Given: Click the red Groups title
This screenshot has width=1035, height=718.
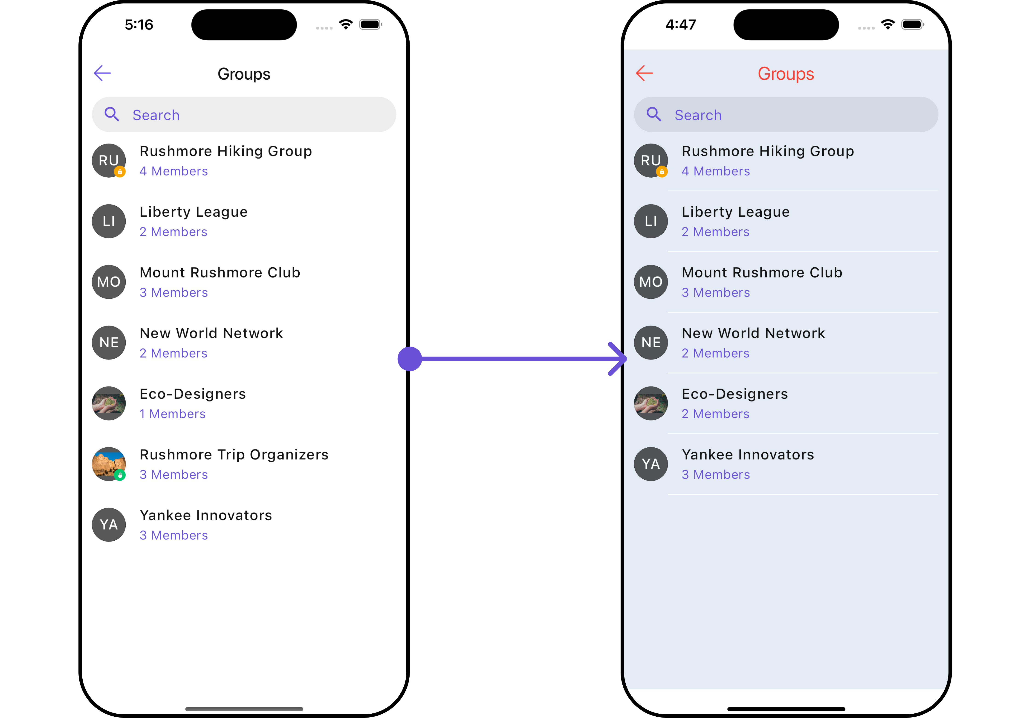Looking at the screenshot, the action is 786,74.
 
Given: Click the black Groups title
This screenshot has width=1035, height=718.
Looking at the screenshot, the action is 244,74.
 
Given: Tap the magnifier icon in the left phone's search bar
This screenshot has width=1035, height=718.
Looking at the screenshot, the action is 112,114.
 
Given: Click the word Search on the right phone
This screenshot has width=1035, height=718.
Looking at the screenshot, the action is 698,115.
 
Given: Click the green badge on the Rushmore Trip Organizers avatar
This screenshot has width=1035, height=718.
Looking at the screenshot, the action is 120,475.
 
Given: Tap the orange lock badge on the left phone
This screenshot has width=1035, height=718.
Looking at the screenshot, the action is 120,171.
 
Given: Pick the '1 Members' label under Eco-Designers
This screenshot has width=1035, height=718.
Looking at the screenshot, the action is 172,414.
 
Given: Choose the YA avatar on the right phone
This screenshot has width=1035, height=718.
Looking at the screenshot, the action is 651,464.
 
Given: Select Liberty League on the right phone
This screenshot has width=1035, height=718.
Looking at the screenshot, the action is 735,212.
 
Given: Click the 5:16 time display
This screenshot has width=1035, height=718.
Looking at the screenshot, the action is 139,25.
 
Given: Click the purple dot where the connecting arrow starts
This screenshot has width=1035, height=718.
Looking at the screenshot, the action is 410,359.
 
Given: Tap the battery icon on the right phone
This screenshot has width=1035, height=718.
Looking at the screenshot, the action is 912,25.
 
